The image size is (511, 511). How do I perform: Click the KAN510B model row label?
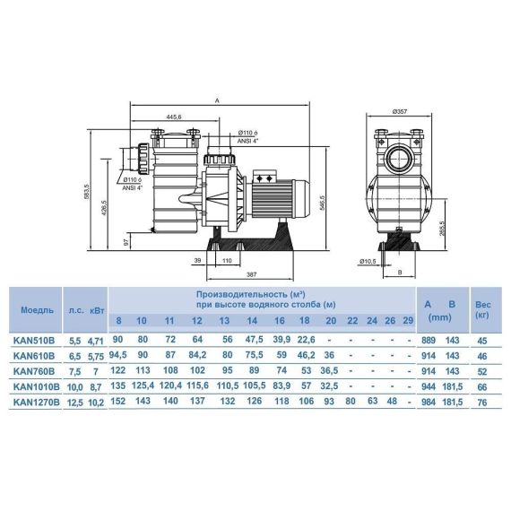click(34, 341)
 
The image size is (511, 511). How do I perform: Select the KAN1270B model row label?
click(37, 403)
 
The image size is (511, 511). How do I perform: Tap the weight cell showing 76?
click(482, 403)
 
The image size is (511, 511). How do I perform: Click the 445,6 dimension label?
click(174, 117)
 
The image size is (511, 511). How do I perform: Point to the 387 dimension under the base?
click(251, 274)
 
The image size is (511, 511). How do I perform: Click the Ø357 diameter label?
click(400, 111)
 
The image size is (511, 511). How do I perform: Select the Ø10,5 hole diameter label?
click(368, 262)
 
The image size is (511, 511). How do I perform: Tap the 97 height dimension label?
click(126, 242)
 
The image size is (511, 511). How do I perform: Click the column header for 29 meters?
click(408, 321)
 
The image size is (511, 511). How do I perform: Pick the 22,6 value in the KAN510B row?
click(306, 340)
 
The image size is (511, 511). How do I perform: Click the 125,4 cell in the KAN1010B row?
click(143, 385)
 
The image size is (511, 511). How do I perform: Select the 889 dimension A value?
click(429, 341)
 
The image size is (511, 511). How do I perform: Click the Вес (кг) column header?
click(482, 310)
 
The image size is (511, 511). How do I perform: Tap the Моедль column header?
click(37, 310)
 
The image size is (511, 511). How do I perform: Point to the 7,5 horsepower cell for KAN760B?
click(74, 372)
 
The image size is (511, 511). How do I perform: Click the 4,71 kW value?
click(96, 342)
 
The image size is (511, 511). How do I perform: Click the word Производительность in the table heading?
click(241, 295)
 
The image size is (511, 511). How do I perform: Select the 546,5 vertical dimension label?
click(323, 204)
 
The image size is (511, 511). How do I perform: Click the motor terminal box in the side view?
click(264, 178)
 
